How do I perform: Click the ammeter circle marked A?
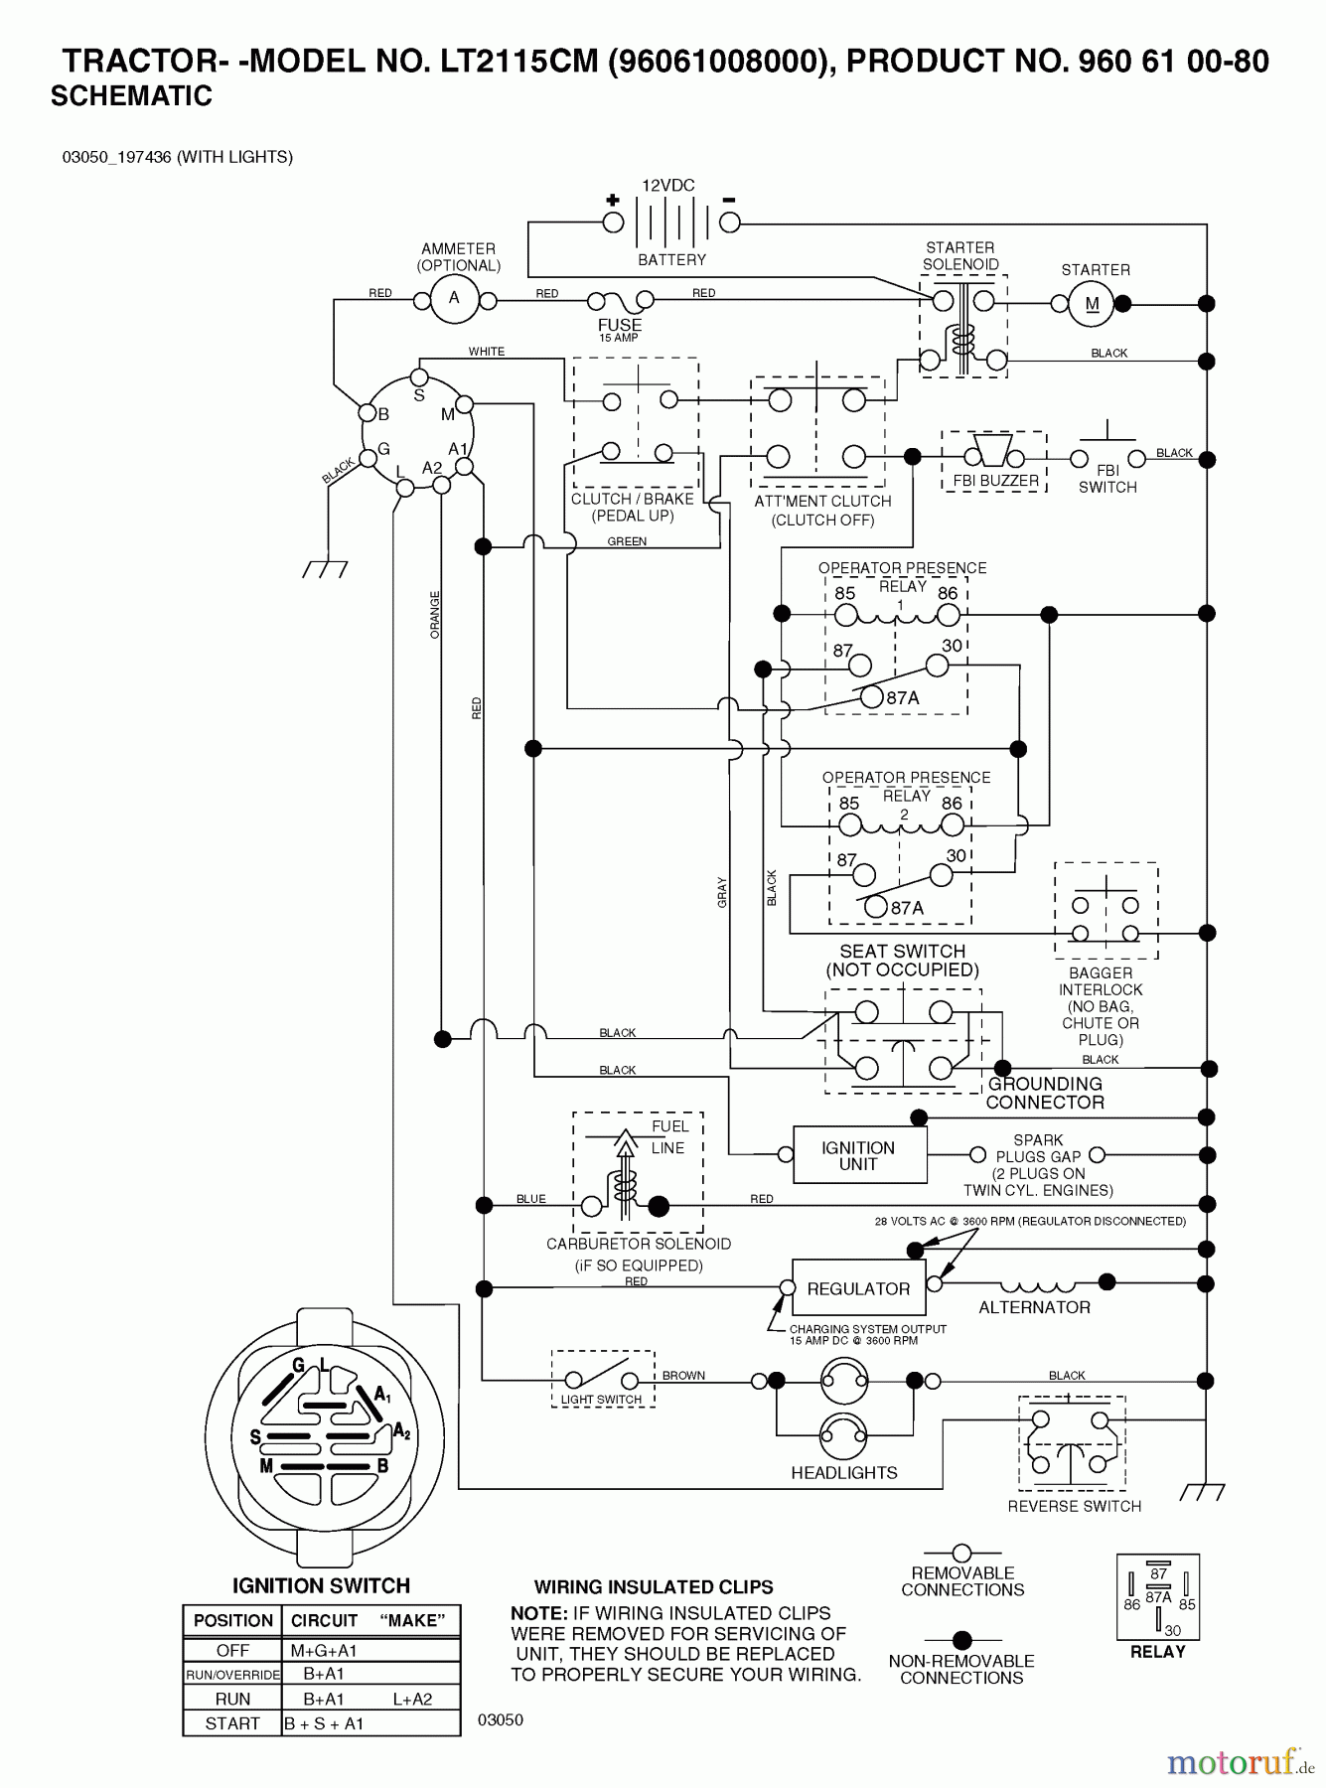click(455, 298)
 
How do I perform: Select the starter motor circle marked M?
click(1092, 304)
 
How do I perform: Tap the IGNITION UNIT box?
click(858, 1155)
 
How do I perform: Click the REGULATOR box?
click(858, 1288)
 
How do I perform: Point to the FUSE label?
click(619, 325)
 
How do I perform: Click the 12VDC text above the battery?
click(667, 186)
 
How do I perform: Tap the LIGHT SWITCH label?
click(601, 1400)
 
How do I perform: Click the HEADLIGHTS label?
click(844, 1473)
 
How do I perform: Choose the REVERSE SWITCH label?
click(1074, 1506)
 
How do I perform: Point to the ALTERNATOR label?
click(1034, 1307)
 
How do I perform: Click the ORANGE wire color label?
click(435, 614)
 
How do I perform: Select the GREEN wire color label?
click(627, 541)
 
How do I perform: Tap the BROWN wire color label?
click(683, 1376)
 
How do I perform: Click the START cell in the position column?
click(232, 1723)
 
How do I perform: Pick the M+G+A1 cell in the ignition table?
click(324, 1650)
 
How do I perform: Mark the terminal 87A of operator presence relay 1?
click(871, 697)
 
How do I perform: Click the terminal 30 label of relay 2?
click(956, 855)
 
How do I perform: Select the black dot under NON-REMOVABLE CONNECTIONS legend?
click(961, 1640)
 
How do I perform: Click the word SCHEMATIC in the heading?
click(131, 96)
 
